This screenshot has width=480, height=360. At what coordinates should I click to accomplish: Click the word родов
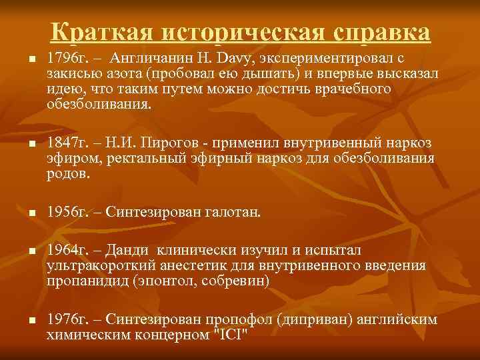pyautogui.click(x=65, y=174)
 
